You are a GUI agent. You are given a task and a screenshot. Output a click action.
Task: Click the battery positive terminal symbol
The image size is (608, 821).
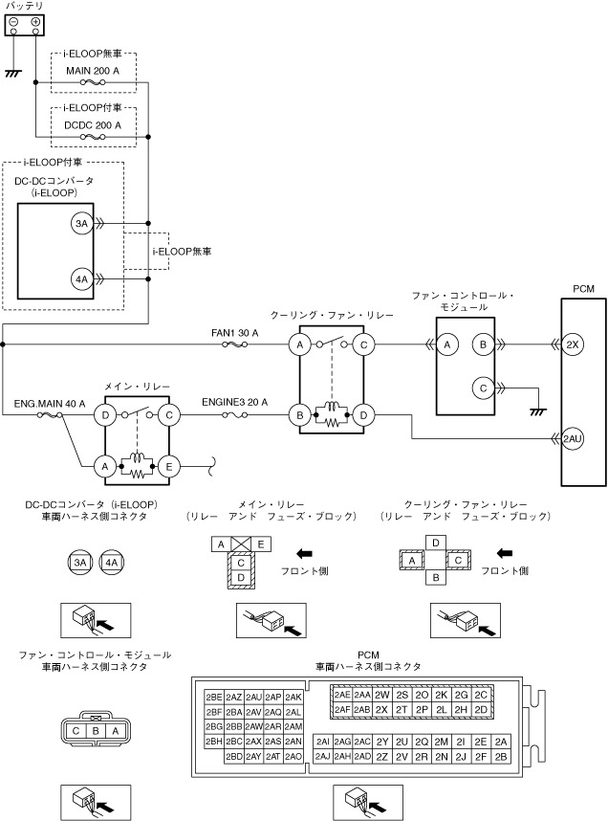point(35,22)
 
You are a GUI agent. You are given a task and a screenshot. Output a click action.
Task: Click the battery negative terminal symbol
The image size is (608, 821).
point(14,22)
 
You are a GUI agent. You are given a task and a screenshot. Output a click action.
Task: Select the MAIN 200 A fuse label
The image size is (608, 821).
point(93,71)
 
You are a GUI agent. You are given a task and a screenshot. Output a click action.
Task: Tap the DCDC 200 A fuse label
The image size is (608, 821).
point(93,125)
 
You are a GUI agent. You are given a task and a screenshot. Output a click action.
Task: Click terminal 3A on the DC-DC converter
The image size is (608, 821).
point(81,224)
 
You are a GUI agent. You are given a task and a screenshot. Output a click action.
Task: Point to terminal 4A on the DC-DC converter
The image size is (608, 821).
point(81,279)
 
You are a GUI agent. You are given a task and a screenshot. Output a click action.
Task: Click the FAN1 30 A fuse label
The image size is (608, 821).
point(235,333)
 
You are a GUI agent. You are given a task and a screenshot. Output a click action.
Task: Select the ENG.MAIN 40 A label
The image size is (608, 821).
point(50,404)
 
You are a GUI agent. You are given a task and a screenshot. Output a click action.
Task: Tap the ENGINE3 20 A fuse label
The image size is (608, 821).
point(235,402)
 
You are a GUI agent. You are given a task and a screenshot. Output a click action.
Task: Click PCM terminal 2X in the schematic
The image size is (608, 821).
point(573,344)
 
